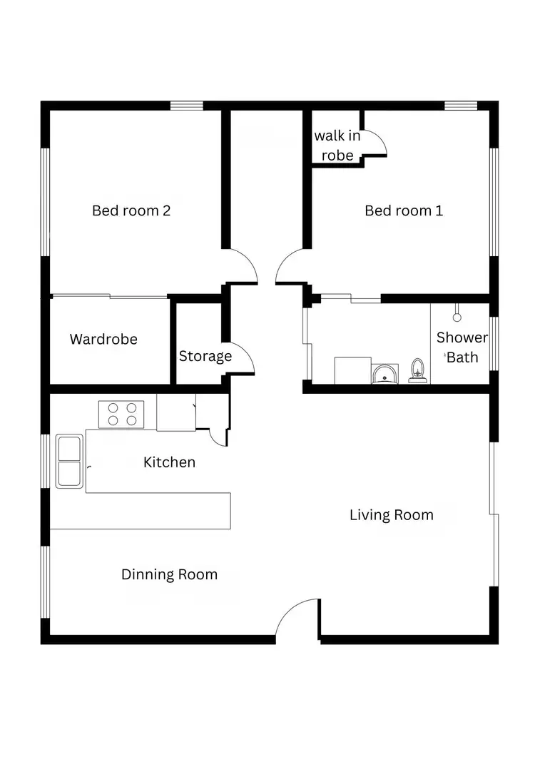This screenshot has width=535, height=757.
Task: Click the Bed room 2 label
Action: coord(131,210)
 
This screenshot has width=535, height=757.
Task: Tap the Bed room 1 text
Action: coord(404,210)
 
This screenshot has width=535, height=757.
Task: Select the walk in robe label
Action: coord(337,145)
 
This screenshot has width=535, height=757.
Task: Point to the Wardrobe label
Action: coord(103,339)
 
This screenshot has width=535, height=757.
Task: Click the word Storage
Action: coord(205,356)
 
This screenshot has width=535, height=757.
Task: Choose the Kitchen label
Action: coord(169,462)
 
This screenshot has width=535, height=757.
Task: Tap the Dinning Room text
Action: coord(169,574)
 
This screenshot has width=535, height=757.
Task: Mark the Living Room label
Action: coord(391,514)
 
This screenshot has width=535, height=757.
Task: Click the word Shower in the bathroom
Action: coord(462,337)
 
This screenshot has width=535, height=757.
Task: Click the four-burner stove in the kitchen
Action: coord(121,414)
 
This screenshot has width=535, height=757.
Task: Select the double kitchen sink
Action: coord(69,461)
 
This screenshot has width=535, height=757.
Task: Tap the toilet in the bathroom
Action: coord(418,372)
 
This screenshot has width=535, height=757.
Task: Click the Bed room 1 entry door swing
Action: coord(290,268)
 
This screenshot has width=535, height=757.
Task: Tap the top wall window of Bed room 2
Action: coord(187,106)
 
